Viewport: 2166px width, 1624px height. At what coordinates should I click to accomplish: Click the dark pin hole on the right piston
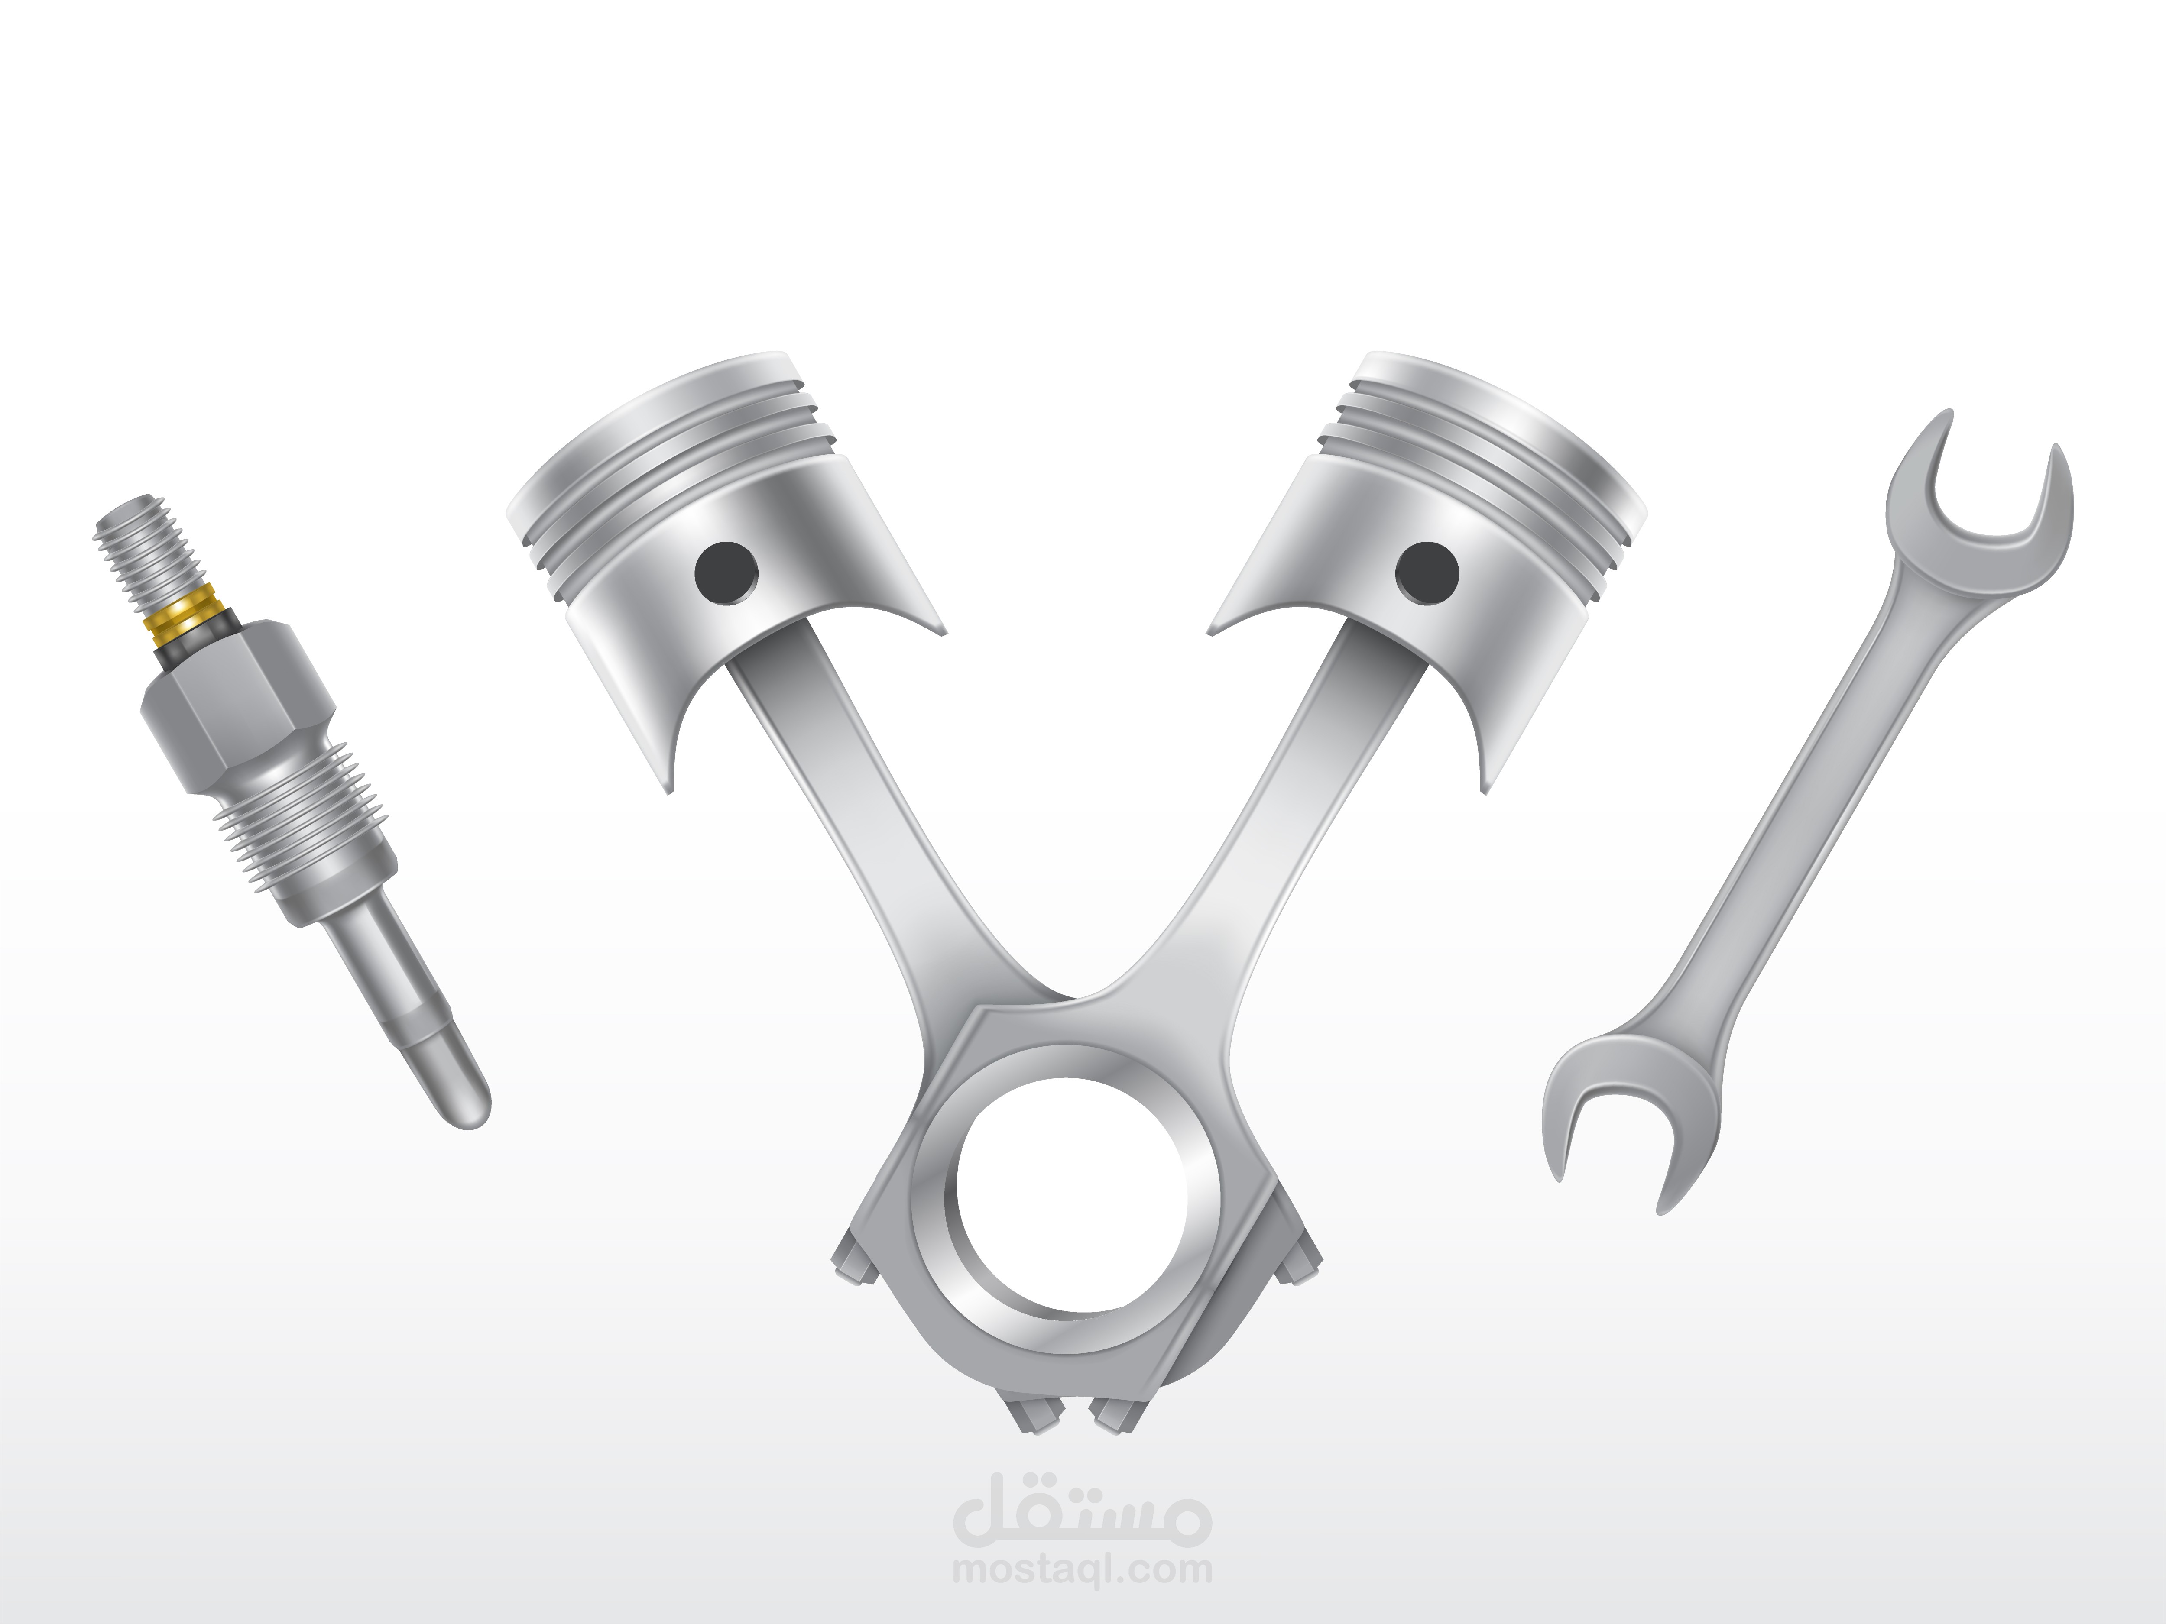pos(1427,571)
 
